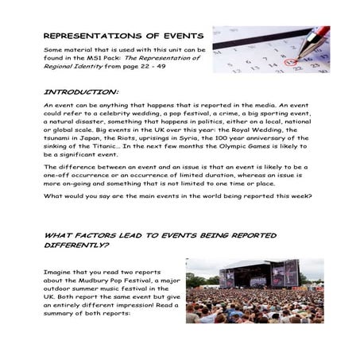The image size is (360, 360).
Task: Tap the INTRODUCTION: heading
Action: (80, 91)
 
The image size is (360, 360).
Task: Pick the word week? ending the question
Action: (298, 196)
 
